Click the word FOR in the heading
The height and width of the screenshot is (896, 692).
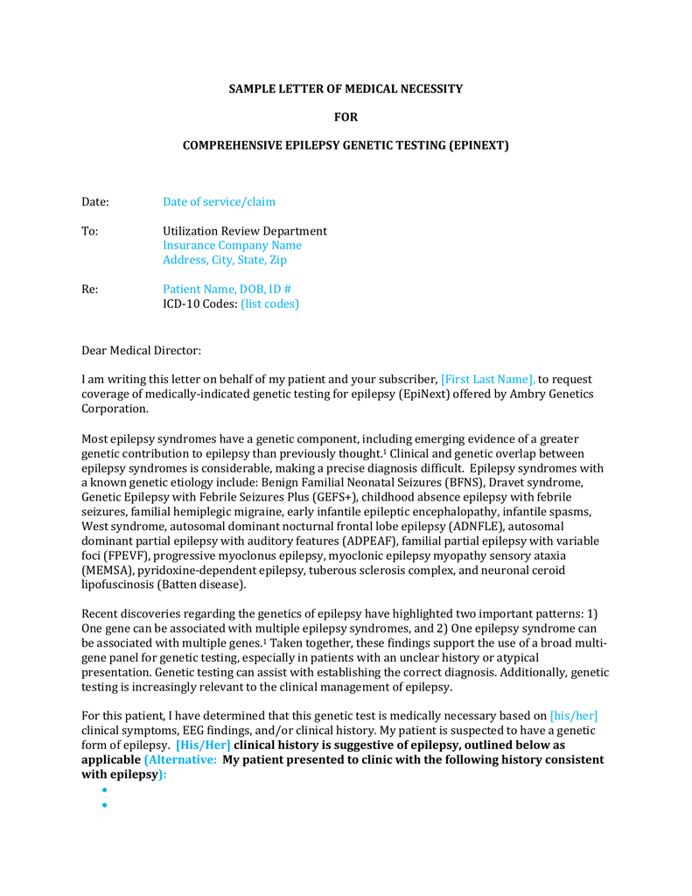346,117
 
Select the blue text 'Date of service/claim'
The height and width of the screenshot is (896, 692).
219,202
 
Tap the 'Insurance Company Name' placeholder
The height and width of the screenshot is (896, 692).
232,246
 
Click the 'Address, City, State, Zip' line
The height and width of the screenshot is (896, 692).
225,260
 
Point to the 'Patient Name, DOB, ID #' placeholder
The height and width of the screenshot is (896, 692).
227,290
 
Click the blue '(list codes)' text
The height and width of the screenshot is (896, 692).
269,304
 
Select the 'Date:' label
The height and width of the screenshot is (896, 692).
95,202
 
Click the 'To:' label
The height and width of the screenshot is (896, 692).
90,231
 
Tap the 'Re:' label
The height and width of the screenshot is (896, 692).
90,290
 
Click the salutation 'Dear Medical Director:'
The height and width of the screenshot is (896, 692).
141,351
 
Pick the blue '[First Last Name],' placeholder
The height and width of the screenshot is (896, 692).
487,380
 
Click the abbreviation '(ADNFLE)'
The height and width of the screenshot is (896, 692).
475,526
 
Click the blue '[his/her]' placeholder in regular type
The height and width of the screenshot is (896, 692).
573,716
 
